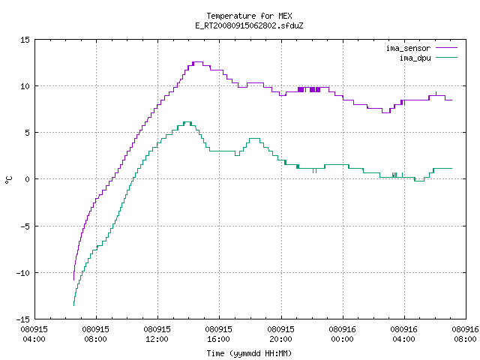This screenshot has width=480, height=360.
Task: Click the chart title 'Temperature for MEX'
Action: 249,16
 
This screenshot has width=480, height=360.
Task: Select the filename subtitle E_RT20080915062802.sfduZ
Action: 249,25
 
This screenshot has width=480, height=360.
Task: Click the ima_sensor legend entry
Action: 421,48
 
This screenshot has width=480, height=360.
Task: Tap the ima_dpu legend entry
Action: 428,58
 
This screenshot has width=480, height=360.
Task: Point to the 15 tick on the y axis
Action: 25,40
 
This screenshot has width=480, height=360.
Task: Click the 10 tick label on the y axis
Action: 25,86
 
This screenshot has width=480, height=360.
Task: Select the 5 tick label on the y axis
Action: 28,133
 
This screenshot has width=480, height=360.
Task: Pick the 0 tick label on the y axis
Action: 28,179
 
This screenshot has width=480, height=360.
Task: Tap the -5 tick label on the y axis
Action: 25,226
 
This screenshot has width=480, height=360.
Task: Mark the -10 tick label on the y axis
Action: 23,273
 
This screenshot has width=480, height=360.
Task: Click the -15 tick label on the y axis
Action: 23,319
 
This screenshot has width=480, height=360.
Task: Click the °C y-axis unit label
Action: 8,180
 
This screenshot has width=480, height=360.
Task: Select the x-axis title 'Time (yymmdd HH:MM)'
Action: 249,353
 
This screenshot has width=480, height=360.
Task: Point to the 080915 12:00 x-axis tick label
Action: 157,334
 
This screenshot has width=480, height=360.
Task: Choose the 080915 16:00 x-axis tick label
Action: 218,334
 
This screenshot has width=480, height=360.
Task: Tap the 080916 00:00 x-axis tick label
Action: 342,334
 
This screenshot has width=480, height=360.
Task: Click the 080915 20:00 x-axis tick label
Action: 280,334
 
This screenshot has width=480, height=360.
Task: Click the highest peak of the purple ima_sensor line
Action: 198,61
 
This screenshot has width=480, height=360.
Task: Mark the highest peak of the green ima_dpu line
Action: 187,121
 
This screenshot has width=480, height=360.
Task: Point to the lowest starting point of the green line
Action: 73,305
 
